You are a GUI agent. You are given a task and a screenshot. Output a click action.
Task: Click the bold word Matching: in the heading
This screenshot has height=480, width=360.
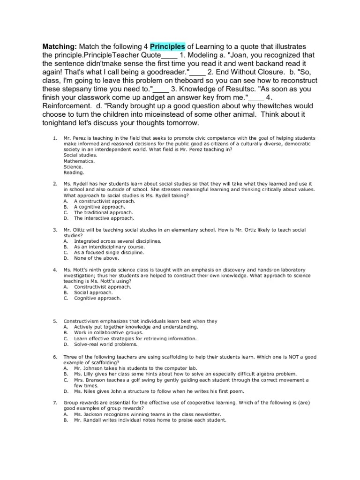tap(60, 46)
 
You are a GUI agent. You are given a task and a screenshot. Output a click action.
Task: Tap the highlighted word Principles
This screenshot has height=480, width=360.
tap(168, 46)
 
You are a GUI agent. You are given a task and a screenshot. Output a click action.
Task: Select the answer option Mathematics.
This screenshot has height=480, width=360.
tap(79, 161)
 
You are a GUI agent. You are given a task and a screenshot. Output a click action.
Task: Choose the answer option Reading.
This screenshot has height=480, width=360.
tap(74, 172)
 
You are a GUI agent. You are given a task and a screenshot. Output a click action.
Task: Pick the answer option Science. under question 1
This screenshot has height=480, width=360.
tap(73, 166)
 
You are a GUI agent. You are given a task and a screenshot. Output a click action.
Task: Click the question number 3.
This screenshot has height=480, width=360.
tap(55, 230)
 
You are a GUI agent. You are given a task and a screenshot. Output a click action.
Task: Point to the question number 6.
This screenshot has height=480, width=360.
tap(55, 357)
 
